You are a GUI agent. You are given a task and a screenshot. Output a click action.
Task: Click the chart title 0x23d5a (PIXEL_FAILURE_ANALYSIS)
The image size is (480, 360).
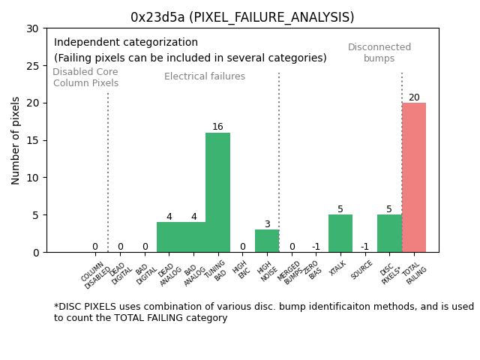[x=242, y=17]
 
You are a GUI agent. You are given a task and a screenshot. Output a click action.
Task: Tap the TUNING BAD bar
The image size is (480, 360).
[x=217, y=193]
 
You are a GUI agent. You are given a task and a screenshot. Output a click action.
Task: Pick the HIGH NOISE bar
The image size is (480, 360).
[x=267, y=241]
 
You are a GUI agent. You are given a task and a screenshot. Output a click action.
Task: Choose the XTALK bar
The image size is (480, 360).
[x=340, y=233]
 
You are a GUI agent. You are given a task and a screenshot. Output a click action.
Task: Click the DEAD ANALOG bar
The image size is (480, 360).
[x=169, y=237]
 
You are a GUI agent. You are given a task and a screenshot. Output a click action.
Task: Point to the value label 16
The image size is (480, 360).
[x=217, y=127]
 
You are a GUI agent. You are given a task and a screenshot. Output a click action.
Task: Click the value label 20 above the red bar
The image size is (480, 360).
[x=414, y=97]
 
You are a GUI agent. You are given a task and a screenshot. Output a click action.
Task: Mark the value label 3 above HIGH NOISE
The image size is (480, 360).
[x=267, y=224]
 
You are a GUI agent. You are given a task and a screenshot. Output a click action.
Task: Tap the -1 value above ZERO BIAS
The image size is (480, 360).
[x=316, y=247]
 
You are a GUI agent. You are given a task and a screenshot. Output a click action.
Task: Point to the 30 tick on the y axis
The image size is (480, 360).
[x=32, y=28]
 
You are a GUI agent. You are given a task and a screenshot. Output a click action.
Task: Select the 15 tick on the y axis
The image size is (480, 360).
[x=32, y=140]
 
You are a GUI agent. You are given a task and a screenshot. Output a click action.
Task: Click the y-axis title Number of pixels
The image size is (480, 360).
[x=16, y=140]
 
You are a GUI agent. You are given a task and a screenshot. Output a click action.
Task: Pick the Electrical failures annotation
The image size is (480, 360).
[x=205, y=76]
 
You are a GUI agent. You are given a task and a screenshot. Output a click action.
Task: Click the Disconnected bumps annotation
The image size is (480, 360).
[x=379, y=52]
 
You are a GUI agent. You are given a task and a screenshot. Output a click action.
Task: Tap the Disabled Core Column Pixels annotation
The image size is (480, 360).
[x=85, y=77]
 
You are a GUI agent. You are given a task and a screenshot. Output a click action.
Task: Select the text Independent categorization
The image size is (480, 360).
[x=126, y=43]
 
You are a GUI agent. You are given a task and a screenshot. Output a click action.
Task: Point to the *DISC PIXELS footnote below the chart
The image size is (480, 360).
[x=263, y=312]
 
